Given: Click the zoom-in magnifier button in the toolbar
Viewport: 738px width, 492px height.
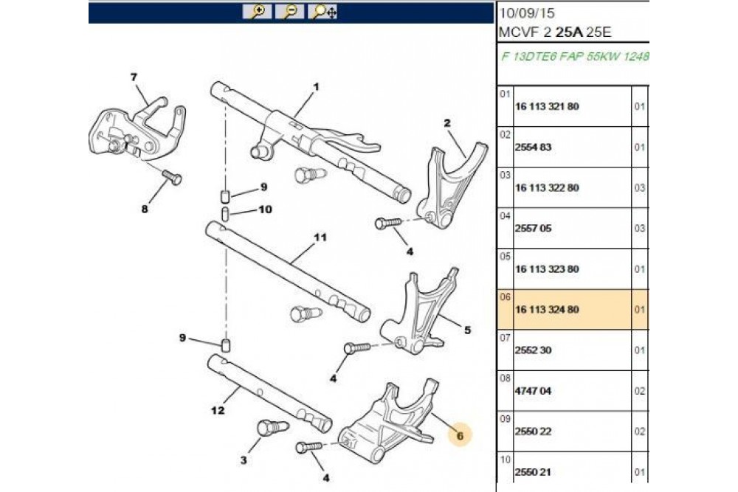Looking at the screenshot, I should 258,12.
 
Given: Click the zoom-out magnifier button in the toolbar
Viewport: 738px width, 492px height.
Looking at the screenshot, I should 291,12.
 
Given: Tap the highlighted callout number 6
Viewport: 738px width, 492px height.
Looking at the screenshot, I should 459,436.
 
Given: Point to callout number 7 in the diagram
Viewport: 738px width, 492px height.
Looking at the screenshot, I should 134,77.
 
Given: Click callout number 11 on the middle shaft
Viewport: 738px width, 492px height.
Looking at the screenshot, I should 319,238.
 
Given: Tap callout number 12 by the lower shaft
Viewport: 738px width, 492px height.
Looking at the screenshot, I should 218,410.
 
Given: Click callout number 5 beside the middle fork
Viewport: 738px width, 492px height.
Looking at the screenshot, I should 466,330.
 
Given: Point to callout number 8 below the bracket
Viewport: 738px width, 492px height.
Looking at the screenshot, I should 145,209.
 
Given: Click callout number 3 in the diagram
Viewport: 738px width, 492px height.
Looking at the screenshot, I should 244,461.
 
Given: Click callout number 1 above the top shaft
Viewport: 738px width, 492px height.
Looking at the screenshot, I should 315,87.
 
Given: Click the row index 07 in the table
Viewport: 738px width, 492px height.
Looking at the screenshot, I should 505,338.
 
